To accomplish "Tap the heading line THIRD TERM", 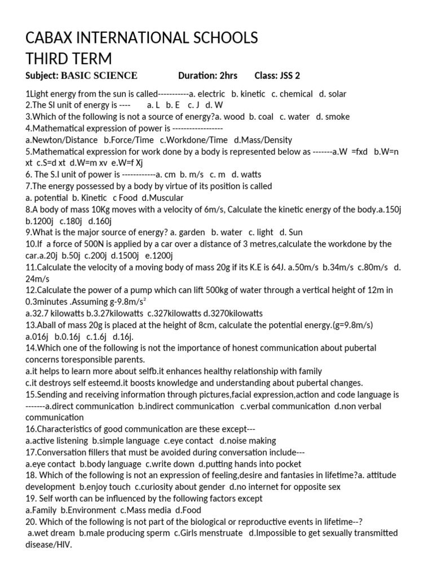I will pyautogui.click(x=68, y=58).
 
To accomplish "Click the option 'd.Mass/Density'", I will pyautogui.click(x=263, y=139).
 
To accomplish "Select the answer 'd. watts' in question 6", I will pyautogui.click(x=246, y=174).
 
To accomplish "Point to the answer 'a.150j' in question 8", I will pyautogui.click(x=390, y=209).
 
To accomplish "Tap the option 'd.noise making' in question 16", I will pyautogui.click(x=248, y=440).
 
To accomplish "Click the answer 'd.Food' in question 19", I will pyautogui.click(x=188, y=510).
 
